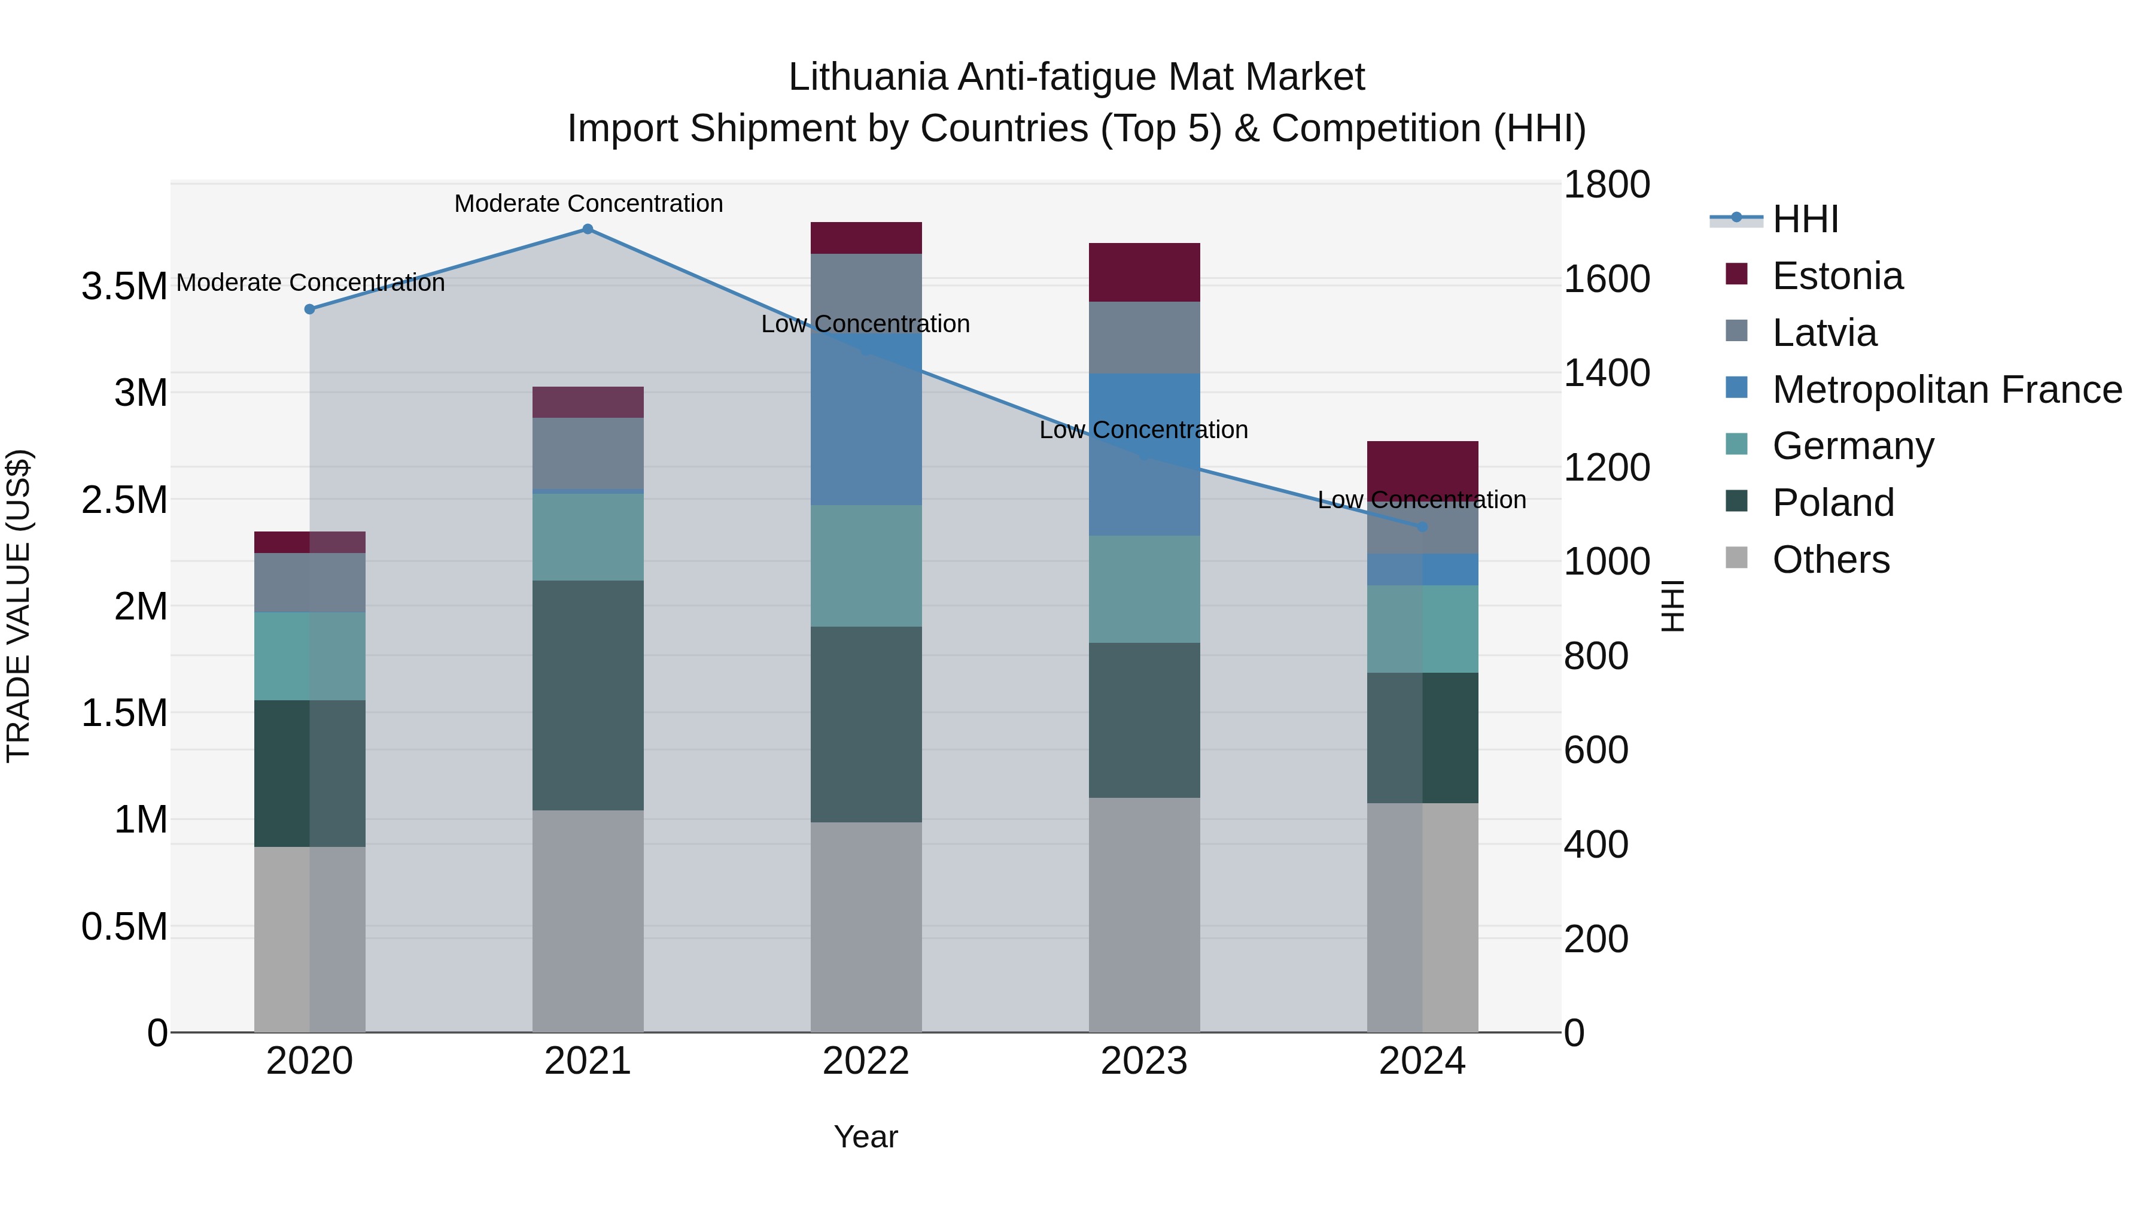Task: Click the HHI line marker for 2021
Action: pyautogui.click(x=588, y=229)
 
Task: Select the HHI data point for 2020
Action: pyautogui.click(x=309, y=309)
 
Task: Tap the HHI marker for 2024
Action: pyautogui.click(x=1422, y=527)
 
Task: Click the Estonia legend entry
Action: pyautogui.click(x=1837, y=276)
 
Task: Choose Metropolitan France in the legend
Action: pyautogui.click(x=1946, y=390)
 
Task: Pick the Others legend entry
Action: pyautogui.click(x=1830, y=560)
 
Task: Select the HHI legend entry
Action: pyautogui.click(x=1805, y=219)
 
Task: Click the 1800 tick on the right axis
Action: pyautogui.click(x=1607, y=185)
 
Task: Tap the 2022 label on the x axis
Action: pyautogui.click(x=865, y=1061)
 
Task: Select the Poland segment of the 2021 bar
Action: pyautogui.click(x=588, y=695)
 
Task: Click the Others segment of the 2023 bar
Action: pyautogui.click(x=1144, y=914)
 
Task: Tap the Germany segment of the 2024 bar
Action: pyautogui.click(x=1422, y=629)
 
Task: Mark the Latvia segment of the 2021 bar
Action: pyautogui.click(x=588, y=452)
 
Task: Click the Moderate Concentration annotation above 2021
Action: pyautogui.click(x=588, y=204)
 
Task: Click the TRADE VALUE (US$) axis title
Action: pyautogui.click(x=19, y=606)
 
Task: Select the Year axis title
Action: pyautogui.click(x=865, y=1137)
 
